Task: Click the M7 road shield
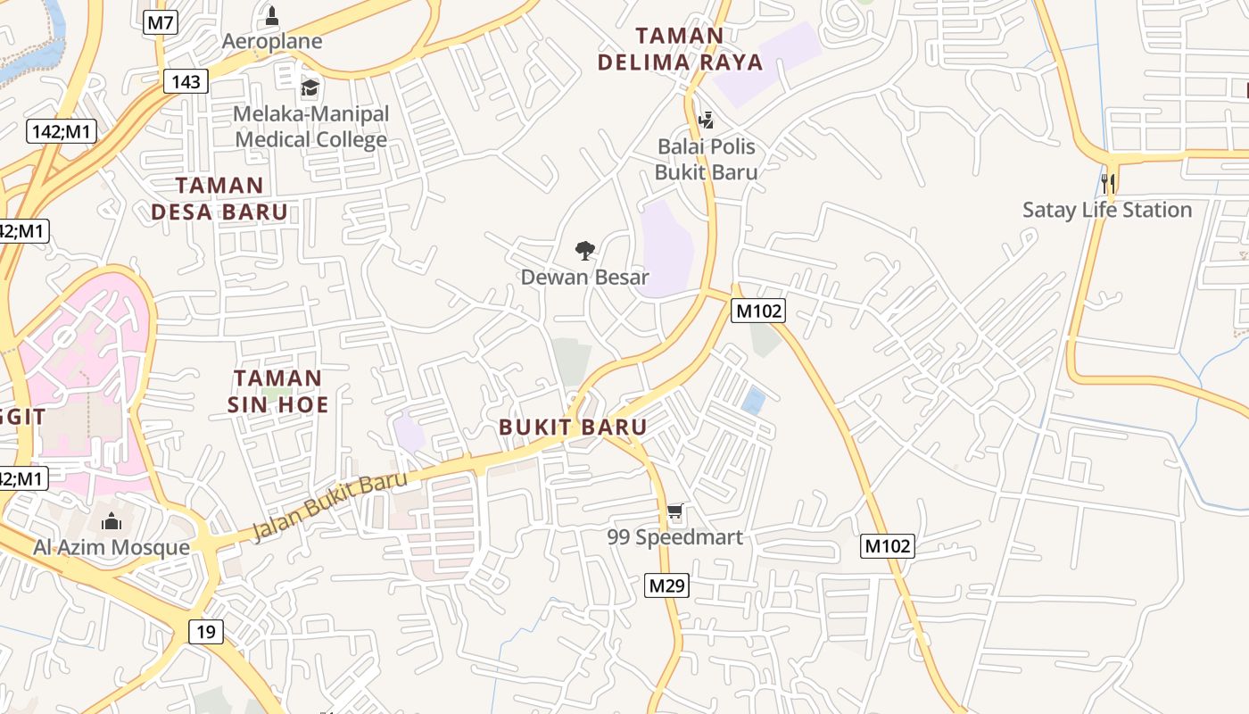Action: (x=160, y=22)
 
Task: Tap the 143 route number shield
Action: (x=186, y=82)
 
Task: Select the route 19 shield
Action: (x=206, y=632)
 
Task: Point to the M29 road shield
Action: (x=666, y=585)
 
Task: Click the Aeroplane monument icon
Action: (x=272, y=16)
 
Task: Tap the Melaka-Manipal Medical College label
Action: (x=311, y=127)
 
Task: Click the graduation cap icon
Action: (x=310, y=87)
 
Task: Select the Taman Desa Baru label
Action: (x=219, y=199)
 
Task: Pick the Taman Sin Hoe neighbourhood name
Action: (x=277, y=391)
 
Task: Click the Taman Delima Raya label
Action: (x=680, y=49)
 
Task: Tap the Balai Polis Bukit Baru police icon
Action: (x=706, y=119)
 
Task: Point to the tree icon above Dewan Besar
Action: (x=585, y=250)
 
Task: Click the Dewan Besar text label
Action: (x=585, y=277)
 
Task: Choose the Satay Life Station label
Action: (x=1107, y=210)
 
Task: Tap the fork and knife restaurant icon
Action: (x=1109, y=184)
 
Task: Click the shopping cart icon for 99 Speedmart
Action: (x=675, y=512)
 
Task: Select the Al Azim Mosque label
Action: (x=112, y=547)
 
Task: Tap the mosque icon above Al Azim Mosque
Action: (x=112, y=520)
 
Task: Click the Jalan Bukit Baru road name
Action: (x=329, y=505)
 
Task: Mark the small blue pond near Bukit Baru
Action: (x=753, y=401)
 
